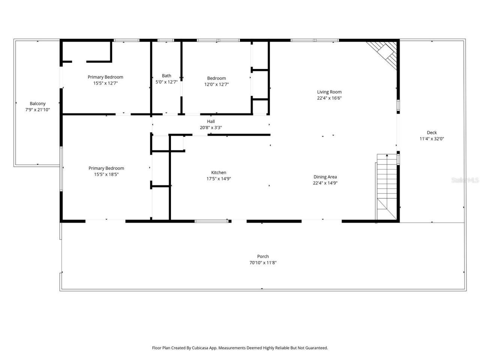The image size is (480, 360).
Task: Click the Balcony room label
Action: point(37,103)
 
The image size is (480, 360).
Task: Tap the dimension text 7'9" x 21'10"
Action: point(37,110)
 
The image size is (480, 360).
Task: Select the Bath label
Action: point(166,76)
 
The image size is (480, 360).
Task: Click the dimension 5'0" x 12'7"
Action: point(166,82)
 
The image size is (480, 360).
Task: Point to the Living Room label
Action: point(329,92)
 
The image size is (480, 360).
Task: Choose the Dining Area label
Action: point(325,177)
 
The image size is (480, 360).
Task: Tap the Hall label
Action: point(211,121)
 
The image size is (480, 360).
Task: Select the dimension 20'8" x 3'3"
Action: point(211,127)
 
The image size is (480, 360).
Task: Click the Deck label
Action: point(432,132)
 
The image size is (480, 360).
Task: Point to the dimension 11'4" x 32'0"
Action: point(432,139)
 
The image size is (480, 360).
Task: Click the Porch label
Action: point(263,256)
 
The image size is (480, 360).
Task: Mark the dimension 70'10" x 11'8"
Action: point(263,263)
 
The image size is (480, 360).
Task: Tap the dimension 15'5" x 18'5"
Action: point(106,174)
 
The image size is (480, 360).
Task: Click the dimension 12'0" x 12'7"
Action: point(216,84)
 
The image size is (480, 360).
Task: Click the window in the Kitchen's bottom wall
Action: point(211,221)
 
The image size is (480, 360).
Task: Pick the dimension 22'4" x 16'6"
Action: point(329,98)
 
